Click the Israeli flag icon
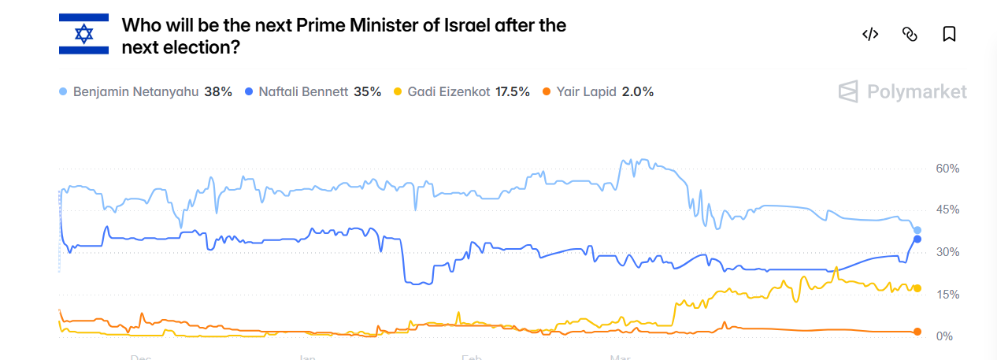pos(83,35)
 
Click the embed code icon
pos(870,34)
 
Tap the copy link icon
pos(910,34)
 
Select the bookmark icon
pos(949,34)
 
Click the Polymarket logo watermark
pos(902,92)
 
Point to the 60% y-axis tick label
pos(947,169)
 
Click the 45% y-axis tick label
pos(947,210)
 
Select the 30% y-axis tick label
pos(947,252)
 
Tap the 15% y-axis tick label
pos(947,295)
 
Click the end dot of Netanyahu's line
pos(917,230)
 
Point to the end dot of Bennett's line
pos(917,239)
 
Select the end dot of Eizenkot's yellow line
pos(917,288)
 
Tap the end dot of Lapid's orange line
pos(917,332)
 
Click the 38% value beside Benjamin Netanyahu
pos(218,91)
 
